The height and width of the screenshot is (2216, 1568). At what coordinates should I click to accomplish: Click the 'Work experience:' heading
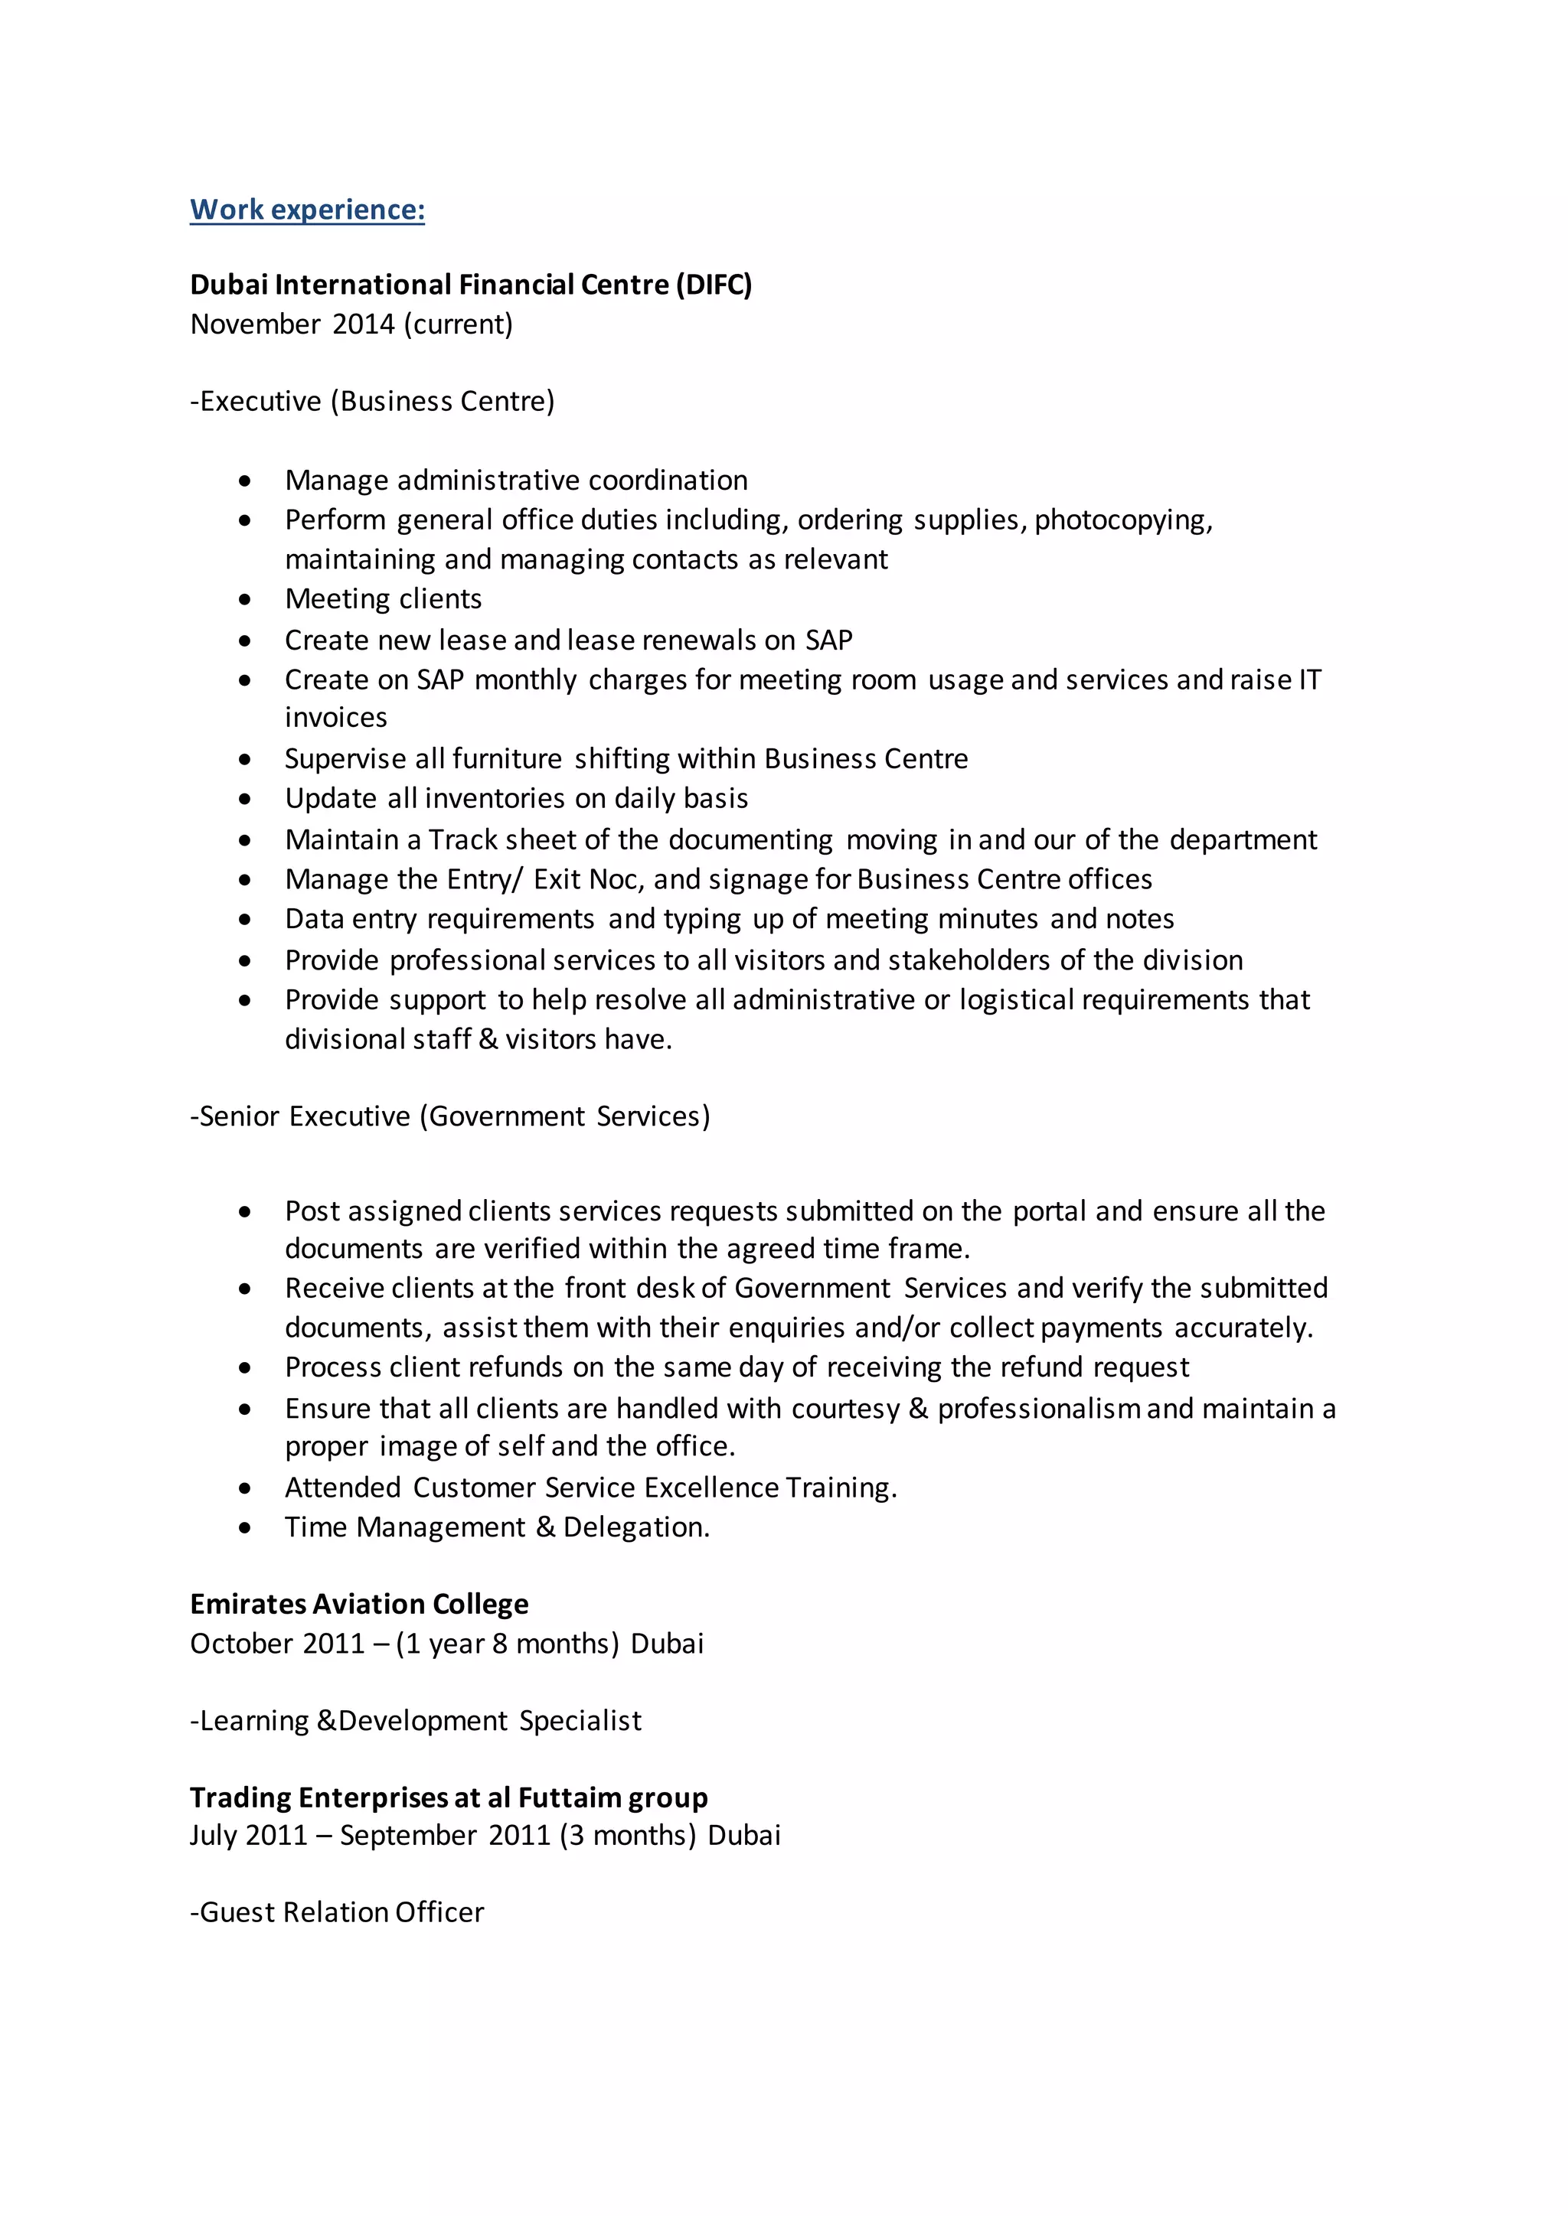[307, 210]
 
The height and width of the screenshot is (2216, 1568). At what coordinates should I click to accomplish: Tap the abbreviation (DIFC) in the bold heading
[714, 285]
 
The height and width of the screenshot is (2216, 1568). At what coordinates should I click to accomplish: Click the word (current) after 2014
[458, 324]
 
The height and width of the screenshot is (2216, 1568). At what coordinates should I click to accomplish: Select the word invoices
[336, 718]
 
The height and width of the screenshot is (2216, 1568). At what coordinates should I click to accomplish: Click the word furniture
[507, 758]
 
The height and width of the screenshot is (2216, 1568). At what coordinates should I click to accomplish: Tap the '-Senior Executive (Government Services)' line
[450, 1116]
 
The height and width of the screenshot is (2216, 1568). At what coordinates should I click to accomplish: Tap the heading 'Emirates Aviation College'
[359, 1604]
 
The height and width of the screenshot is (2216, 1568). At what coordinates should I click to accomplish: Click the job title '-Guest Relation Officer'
[337, 1912]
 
